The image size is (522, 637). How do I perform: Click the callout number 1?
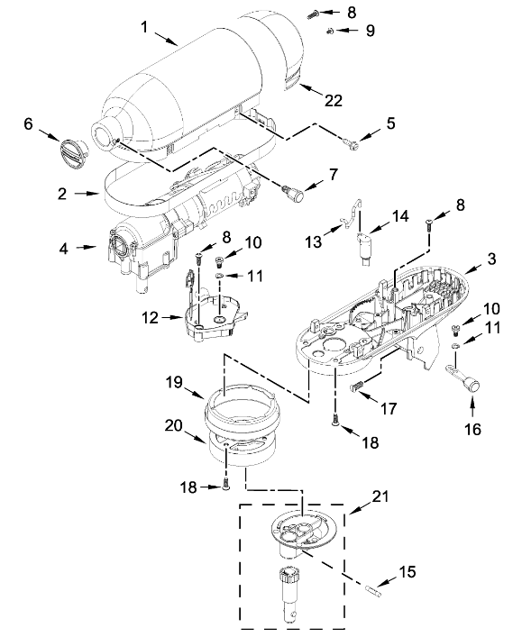click(x=144, y=27)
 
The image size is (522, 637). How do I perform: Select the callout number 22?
click(x=334, y=100)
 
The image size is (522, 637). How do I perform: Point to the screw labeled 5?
click(x=350, y=142)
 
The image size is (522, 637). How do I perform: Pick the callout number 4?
click(x=64, y=249)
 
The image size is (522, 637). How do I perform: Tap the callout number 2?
click(x=62, y=194)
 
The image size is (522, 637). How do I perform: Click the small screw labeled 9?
click(x=331, y=31)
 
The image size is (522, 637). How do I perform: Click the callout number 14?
click(x=400, y=215)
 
